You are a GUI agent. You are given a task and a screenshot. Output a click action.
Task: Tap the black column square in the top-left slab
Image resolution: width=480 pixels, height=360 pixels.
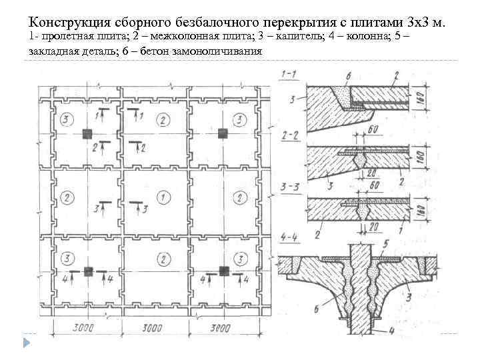(87, 133)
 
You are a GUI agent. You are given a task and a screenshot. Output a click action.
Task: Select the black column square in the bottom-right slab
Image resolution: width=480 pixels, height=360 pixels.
(223, 271)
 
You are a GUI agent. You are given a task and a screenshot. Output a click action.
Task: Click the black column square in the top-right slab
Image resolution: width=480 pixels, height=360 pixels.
(224, 133)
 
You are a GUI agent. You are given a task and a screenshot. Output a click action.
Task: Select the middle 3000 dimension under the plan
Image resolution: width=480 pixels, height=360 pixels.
(153, 328)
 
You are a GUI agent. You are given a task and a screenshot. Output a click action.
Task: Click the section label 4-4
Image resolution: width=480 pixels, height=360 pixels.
(289, 237)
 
